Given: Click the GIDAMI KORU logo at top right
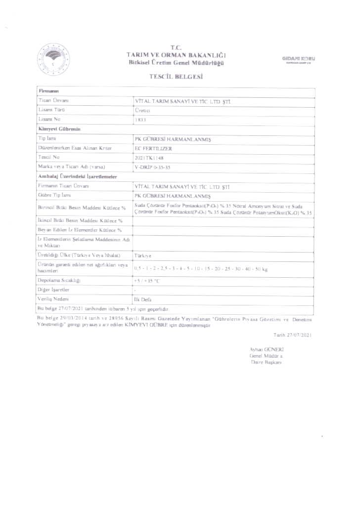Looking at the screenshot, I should (x=299, y=59).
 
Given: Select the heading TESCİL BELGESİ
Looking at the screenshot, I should (x=177, y=77).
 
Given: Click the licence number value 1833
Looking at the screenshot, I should (x=140, y=119).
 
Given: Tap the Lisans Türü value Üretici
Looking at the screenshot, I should (x=142, y=110).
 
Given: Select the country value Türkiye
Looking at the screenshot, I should (x=143, y=256).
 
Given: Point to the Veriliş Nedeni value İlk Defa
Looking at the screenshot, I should (x=143, y=299).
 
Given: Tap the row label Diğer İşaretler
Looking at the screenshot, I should (x=53, y=289).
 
